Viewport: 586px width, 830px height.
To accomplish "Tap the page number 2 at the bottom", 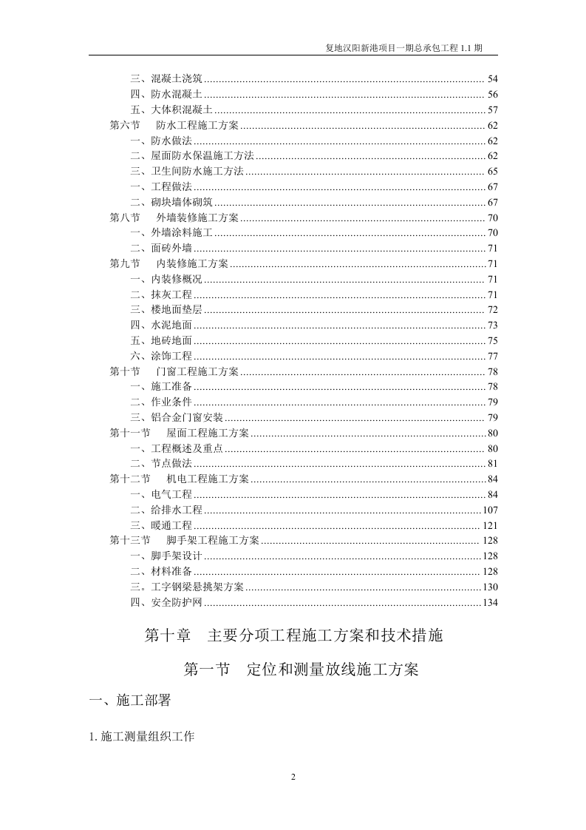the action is coord(293,776).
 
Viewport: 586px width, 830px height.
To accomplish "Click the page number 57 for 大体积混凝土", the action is coord(493,109).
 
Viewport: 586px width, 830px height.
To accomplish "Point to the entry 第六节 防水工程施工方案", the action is coord(174,125).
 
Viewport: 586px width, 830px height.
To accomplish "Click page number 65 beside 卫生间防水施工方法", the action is coord(493,172).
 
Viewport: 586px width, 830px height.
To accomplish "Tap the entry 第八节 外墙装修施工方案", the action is coord(174,218).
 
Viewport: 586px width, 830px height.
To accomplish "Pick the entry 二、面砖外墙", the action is coord(161,249).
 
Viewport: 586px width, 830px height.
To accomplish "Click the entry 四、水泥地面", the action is coord(161,325).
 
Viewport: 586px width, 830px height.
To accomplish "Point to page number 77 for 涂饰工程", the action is coord(493,357).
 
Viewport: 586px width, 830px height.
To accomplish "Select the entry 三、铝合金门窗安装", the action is coord(177,418).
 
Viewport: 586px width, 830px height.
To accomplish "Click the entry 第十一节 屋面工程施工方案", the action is coord(180,433).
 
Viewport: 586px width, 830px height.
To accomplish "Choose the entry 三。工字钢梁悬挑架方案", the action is coord(187,587).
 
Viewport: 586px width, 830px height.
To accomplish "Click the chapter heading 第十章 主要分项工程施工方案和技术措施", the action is coord(293,635).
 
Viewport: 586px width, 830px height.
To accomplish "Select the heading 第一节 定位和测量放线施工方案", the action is coord(301,670).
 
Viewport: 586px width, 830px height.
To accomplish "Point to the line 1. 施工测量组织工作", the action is coord(141,737).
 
